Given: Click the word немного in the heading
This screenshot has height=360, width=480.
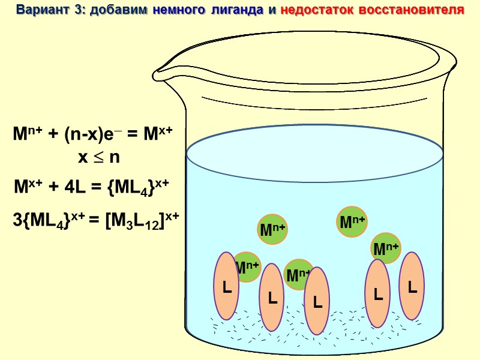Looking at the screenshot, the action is (x=178, y=11).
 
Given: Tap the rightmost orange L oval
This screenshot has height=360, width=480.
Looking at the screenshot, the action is (x=412, y=286).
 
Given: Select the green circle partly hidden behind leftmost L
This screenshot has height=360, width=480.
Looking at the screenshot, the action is (x=247, y=267).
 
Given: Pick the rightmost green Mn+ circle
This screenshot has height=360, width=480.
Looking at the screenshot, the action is (x=386, y=247).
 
